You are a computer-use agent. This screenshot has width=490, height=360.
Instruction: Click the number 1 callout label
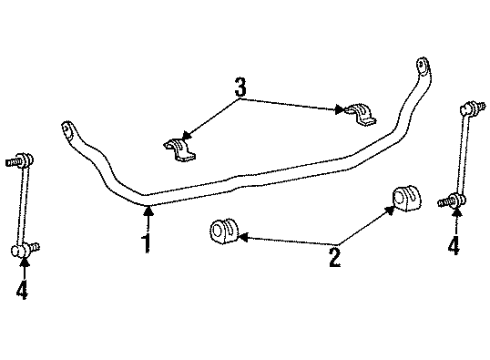tap(147, 243)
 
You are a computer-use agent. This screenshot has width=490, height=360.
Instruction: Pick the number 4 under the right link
tap(453, 244)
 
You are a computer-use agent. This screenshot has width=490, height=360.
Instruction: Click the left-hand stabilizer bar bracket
tap(181, 151)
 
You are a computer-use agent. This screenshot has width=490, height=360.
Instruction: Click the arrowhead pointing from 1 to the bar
tap(148, 207)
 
